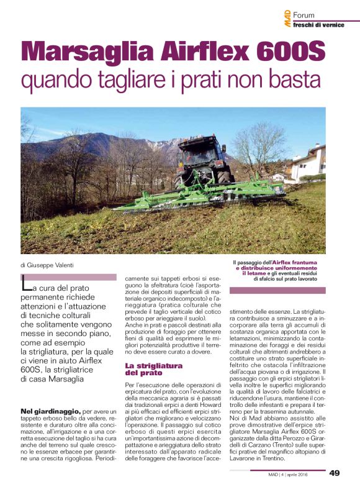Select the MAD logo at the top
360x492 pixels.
[287, 19]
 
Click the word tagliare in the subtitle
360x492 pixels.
[125, 81]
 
